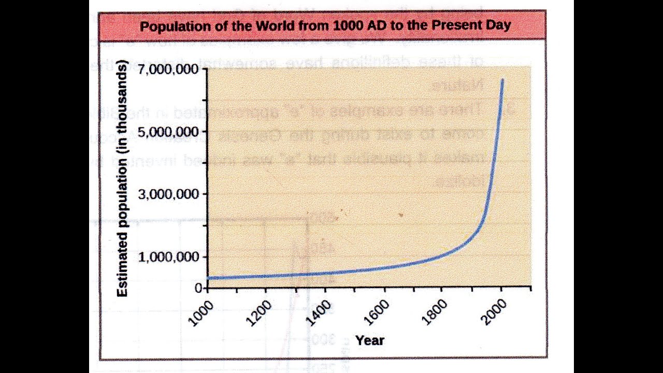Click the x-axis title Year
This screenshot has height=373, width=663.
click(370, 340)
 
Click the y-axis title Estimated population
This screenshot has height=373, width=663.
click(122, 179)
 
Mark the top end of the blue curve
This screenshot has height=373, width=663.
click(502, 80)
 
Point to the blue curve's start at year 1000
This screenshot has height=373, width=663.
click(208, 278)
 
